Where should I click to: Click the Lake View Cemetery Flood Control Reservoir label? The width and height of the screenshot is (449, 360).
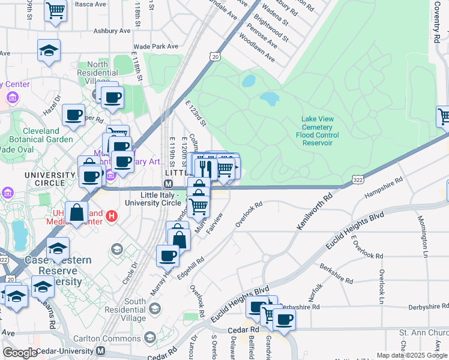coord(317,131)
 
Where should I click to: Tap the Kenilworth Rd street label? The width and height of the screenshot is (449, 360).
coord(315,211)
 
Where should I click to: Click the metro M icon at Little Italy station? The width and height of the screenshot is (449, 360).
coord(169,184)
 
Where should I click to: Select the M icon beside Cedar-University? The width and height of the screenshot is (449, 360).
coord(100,350)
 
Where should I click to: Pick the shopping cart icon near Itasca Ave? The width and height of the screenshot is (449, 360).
coord(55,10)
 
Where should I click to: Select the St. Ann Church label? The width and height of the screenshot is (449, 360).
coord(424,332)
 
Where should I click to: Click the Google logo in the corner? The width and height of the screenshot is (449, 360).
coord(19,353)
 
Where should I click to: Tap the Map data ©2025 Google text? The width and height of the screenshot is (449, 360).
coord(412,355)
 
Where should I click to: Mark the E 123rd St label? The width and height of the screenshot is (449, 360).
coord(196,114)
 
